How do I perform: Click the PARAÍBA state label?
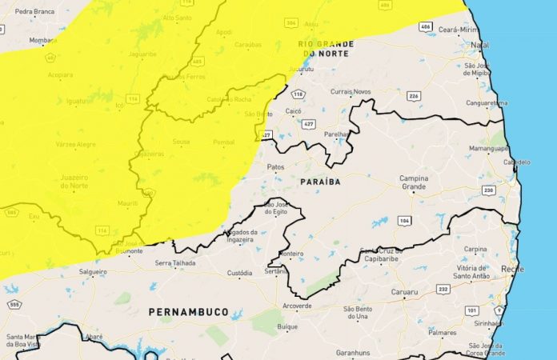click(x=320, y=182)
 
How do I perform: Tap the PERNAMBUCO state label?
click(x=188, y=311)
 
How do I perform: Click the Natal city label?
click(x=480, y=45)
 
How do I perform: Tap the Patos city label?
click(x=275, y=167)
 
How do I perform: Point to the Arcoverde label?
click(x=297, y=306)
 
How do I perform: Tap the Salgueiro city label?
click(x=92, y=273)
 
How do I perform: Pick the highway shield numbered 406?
click(x=425, y=27)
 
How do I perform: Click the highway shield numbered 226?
click(x=414, y=96)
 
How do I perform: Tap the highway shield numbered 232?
click(x=443, y=289)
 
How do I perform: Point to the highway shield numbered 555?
click(x=15, y=306)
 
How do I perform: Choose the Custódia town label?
click(x=239, y=273)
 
